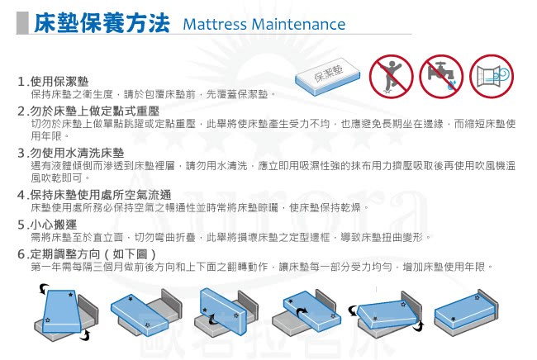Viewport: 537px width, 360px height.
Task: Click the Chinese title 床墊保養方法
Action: click(x=102, y=23)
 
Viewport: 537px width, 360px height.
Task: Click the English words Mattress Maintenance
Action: click(x=264, y=24)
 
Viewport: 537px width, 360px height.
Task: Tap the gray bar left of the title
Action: click(x=22, y=23)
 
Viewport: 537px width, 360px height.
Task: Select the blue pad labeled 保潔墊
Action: click(x=327, y=77)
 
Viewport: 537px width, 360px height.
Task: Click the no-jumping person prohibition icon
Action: click(x=391, y=76)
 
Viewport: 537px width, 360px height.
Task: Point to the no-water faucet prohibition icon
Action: click(x=441, y=76)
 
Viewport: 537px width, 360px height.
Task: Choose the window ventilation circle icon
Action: click(x=492, y=76)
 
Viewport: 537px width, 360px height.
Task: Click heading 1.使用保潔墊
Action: click(x=53, y=82)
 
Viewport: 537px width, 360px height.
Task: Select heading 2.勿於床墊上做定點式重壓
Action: click(x=88, y=111)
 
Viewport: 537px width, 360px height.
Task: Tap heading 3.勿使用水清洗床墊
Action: click(x=71, y=153)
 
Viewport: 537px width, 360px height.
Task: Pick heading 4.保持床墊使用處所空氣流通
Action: click(x=94, y=195)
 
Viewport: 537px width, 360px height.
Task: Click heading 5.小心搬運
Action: click(x=47, y=225)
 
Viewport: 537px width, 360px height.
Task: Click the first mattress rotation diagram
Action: click(x=65, y=312)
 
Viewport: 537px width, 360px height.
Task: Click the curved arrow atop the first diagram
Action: click(x=43, y=289)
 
